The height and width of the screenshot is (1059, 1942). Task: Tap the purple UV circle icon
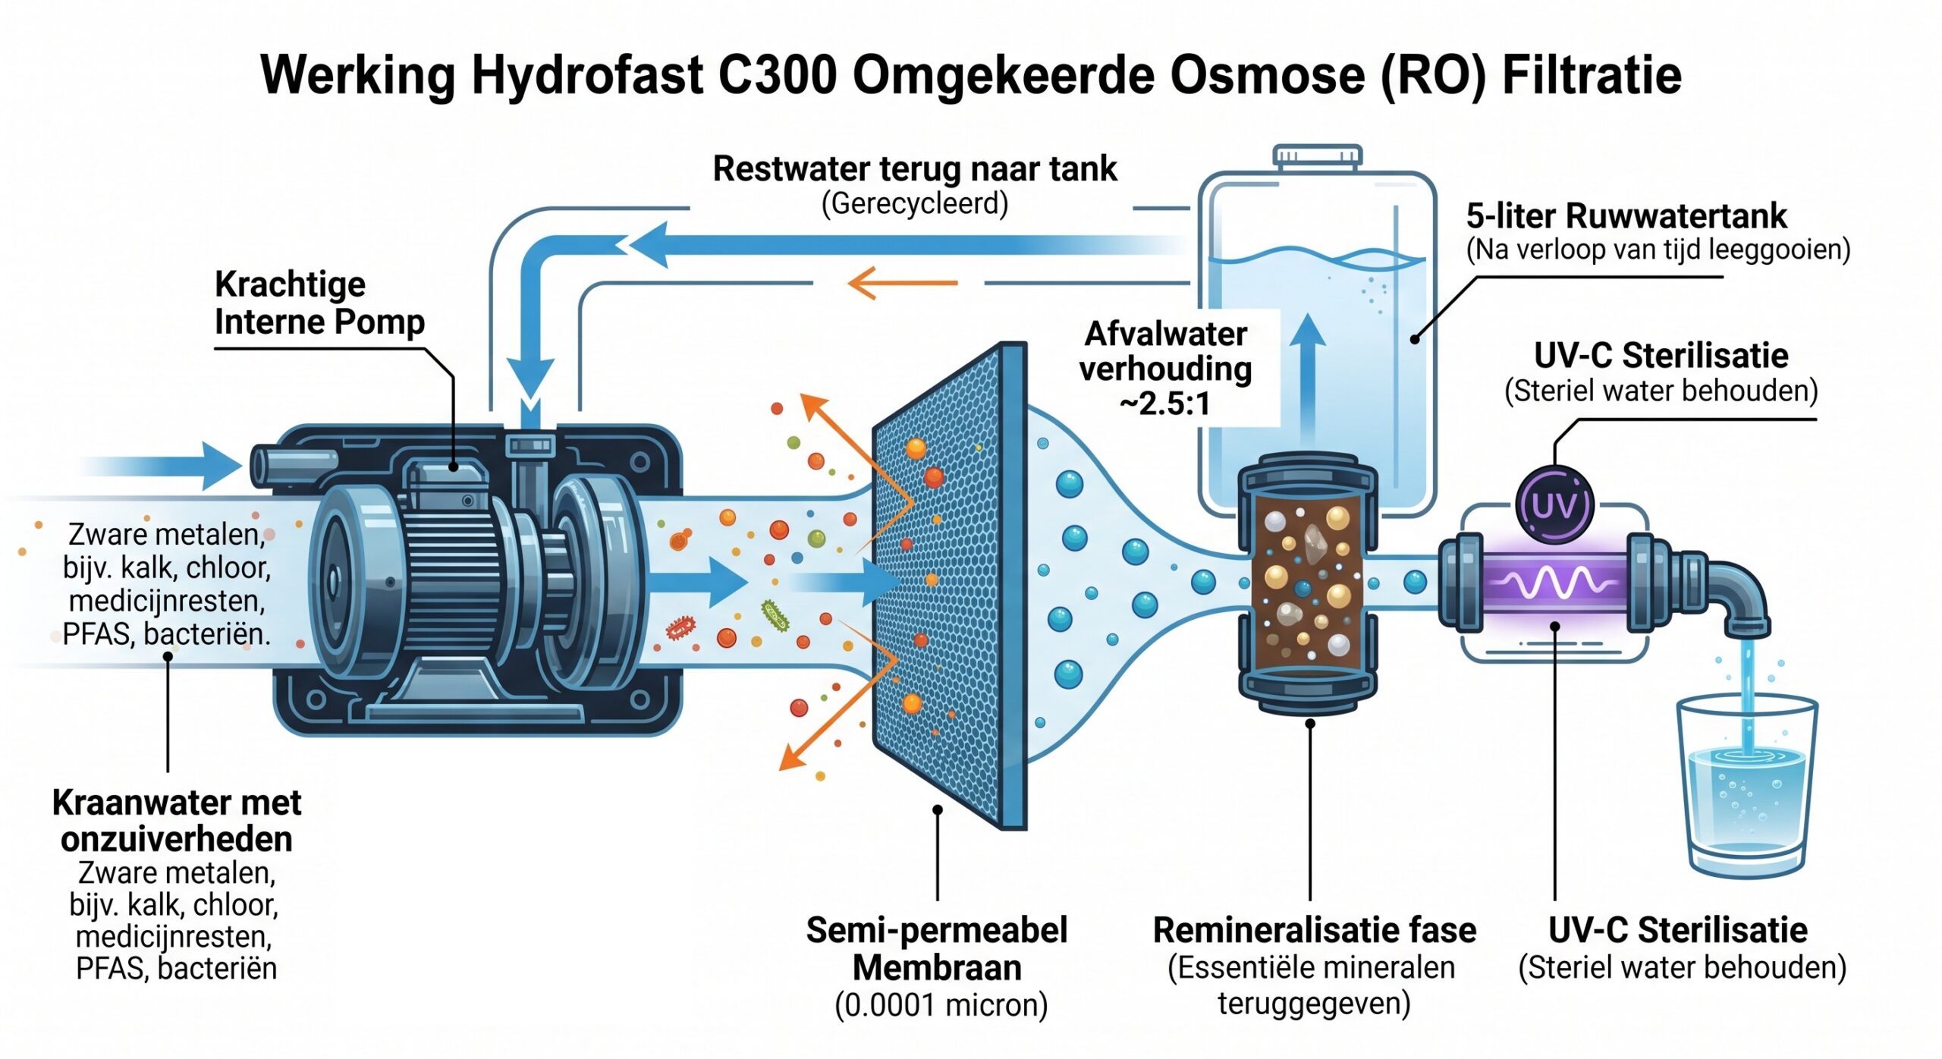click(1554, 504)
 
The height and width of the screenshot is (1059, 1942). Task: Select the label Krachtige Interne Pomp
click(319, 303)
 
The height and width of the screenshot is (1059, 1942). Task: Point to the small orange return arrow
click(902, 283)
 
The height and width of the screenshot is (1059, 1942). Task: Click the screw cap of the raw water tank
click(1318, 156)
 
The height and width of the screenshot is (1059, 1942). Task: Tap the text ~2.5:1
click(1165, 404)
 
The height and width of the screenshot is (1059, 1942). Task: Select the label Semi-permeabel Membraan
click(937, 949)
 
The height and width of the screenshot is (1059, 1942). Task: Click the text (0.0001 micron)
click(941, 1005)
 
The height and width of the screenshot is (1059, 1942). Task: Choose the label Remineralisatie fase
click(1315, 930)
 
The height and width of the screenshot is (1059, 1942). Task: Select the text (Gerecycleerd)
click(915, 203)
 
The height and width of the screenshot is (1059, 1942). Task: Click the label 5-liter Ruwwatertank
click(1626, 216)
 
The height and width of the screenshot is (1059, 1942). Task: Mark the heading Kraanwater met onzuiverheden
click(177, 821)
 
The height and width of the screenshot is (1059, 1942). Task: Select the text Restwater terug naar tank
click(915, 168)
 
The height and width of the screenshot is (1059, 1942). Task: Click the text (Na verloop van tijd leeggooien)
click(1658, 250)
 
